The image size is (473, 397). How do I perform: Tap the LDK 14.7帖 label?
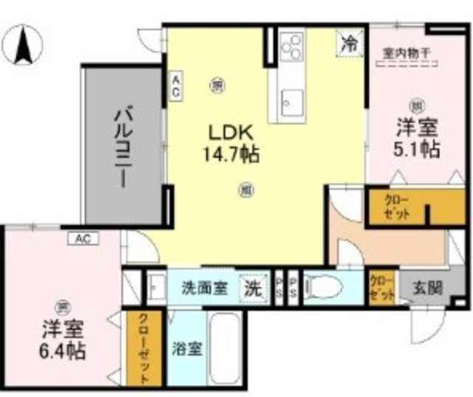(230, 144)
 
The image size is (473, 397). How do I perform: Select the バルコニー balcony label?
(122, 148)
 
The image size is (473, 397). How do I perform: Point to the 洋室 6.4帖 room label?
(63, 338)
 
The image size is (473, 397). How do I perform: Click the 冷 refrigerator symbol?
(349, 43)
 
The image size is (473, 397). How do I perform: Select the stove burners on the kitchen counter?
(292, 46)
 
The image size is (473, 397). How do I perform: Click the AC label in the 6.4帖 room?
(83, 239)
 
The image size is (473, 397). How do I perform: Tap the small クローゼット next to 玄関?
(382, 287)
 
